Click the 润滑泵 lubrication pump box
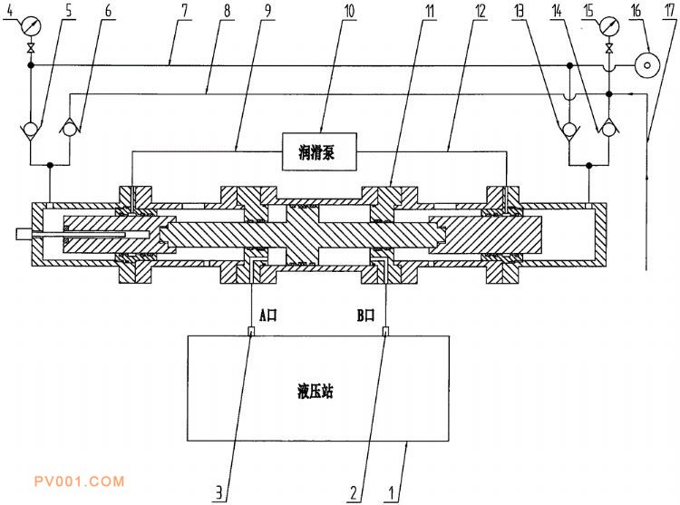(319, 151)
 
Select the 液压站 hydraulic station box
(318, 388)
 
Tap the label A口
(267, 315)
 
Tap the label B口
(365, 315)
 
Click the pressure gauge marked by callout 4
(30, 27)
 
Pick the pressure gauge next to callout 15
(609, 27)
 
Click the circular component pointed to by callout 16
(647, 65)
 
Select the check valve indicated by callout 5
(30, 129)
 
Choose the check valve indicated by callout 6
(70, 129)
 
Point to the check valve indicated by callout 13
(569, 129)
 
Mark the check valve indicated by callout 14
(608, 129)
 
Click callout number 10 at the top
(349, 11)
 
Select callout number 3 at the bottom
(219, 492)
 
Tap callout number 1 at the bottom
(391, 492)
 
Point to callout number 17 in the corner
(669, 11)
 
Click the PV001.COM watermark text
(79, 481)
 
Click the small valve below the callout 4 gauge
(30, 48)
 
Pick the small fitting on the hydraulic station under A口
(250, 331)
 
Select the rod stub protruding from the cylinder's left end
(24, 234)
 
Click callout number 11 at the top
(430, 11)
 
